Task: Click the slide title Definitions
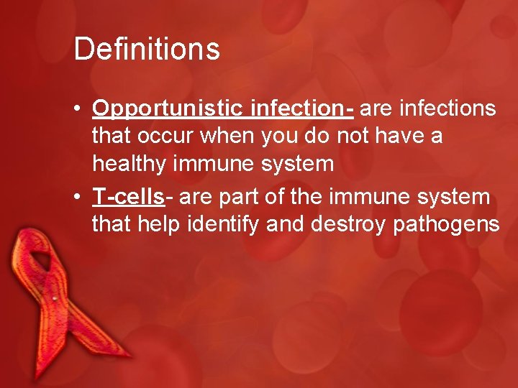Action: (146, 50)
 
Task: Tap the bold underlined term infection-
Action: (302, 108)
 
